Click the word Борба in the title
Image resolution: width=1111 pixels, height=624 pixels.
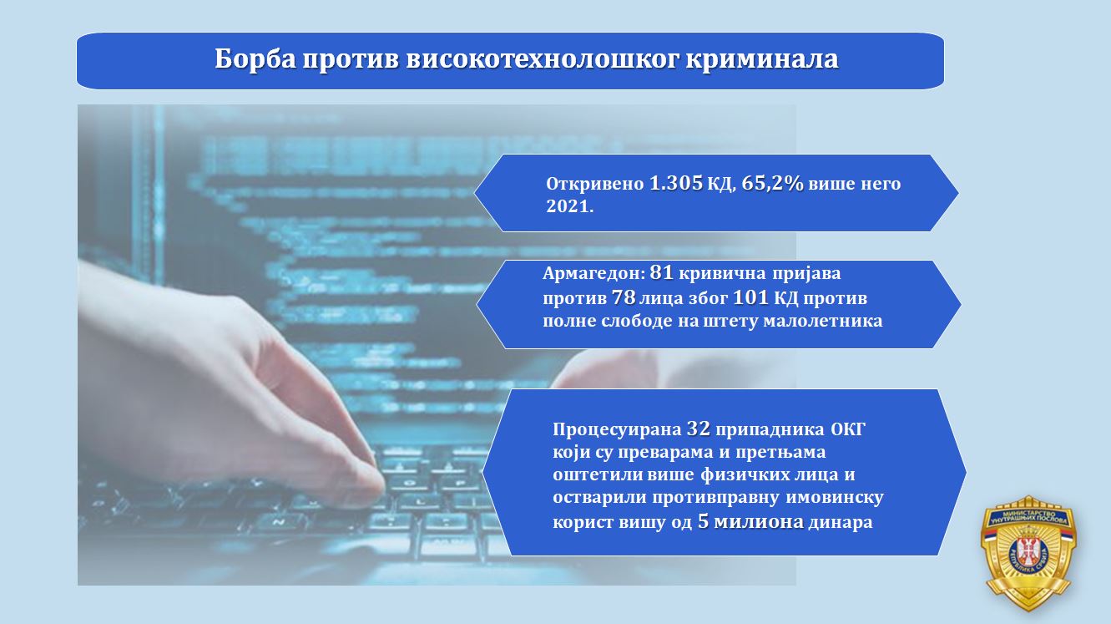tap(255, 59)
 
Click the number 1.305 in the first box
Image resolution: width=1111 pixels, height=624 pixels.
tap(676, 183)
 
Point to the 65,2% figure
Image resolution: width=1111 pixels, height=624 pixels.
tap(773, 183)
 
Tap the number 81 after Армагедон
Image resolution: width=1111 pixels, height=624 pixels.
tap(661, 272)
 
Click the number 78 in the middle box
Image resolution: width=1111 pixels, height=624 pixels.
tap(624, 297)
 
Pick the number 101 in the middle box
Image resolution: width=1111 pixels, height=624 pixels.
tap(750, 297)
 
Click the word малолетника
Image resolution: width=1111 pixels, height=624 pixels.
tap(823, 321)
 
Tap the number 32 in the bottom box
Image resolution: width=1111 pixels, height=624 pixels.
tap(699, 429)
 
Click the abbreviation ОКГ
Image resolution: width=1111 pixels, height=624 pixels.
tap(847, 429)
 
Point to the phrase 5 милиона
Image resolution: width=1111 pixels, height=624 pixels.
tap(751, 522)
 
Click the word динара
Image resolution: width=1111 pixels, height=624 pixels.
tap(841, 523)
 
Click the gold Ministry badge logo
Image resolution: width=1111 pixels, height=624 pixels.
tap(1028, 552)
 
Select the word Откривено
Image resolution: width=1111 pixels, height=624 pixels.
tap(594, 184)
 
